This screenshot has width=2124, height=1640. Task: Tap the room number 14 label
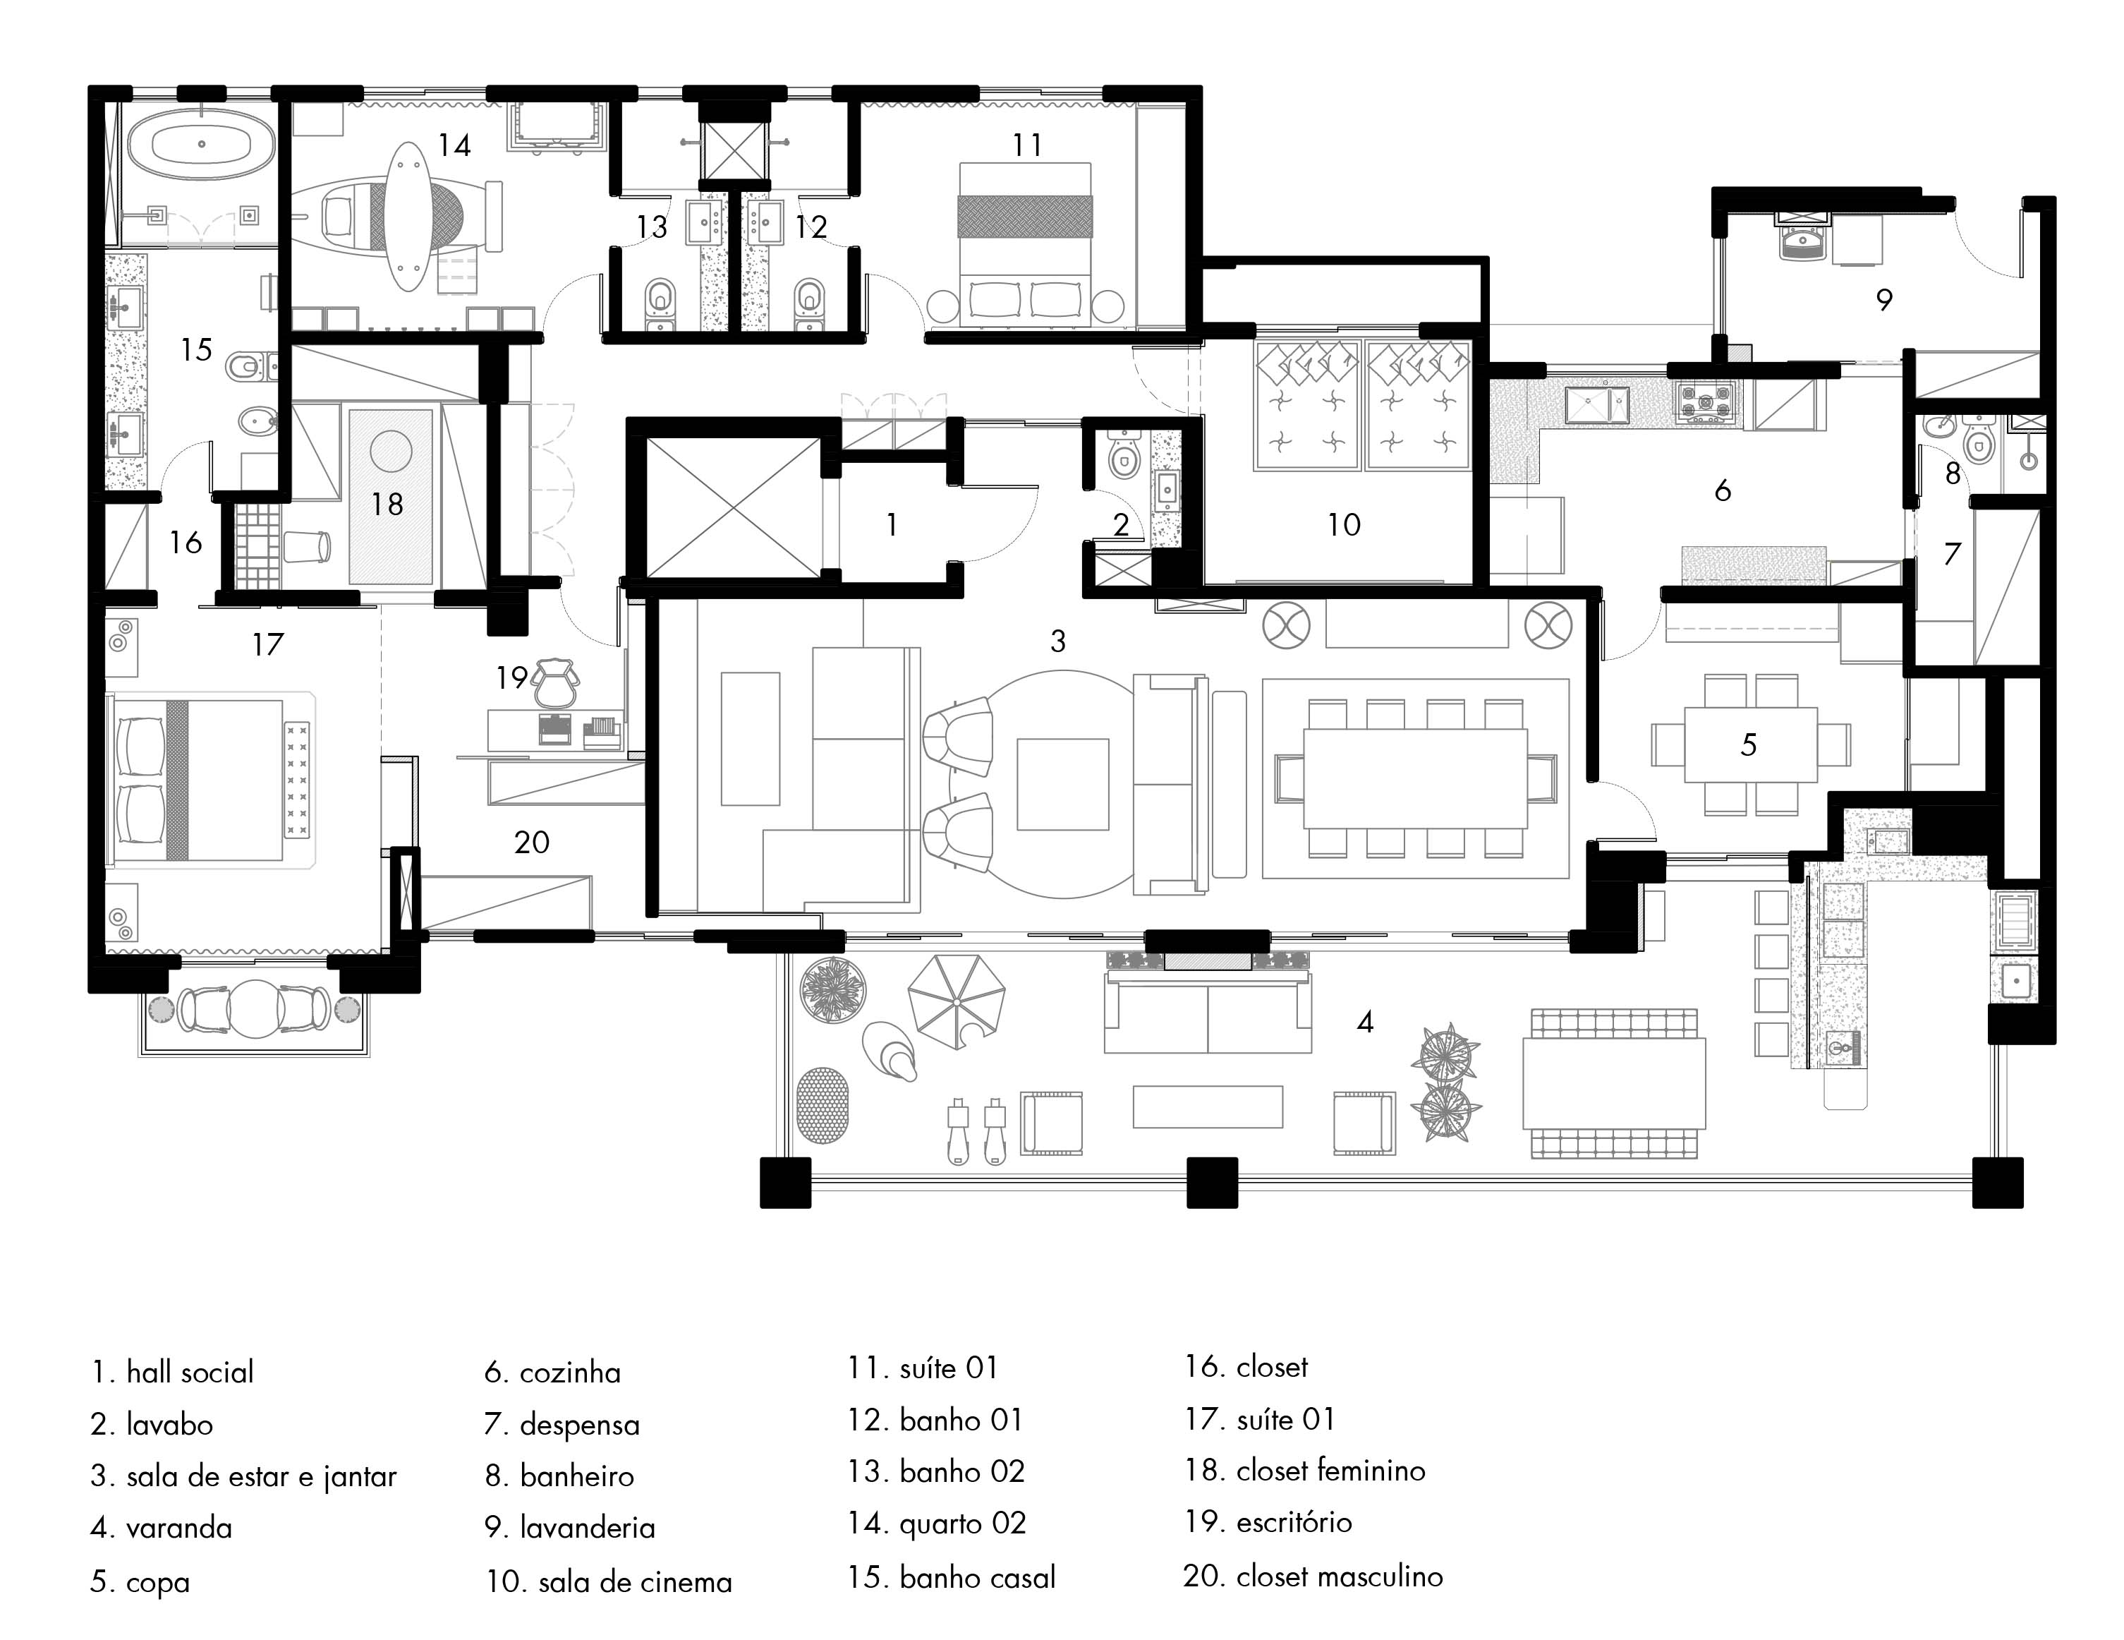tap(454, 146)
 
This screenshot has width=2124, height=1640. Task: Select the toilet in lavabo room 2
tap(1123, 455)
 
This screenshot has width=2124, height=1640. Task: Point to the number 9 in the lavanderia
tap(1883, 300)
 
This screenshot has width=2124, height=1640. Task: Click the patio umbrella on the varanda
tap(956, 1001)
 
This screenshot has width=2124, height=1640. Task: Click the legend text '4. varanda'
tap(162, 1528)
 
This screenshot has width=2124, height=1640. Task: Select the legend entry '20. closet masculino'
tap(1313, 1576)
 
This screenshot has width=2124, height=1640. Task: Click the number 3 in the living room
tap(1058, 641)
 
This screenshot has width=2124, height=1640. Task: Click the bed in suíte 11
tap(1025, 244)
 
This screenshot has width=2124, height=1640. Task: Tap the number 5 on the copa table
tap(1749, 745)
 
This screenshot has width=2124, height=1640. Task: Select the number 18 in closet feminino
tap(387, 504)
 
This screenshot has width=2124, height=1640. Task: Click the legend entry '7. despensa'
tap(562, 1425)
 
